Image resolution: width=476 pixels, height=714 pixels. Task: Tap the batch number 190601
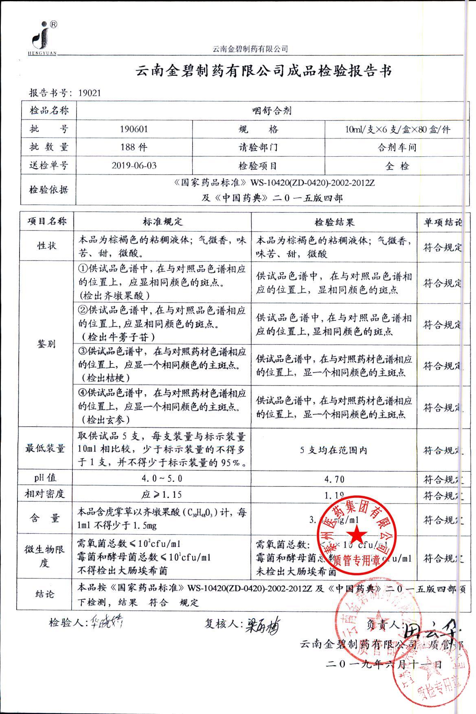tap(134, 129)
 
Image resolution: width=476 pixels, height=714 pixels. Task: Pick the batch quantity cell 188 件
tap(134, 147)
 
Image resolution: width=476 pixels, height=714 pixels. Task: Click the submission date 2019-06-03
tap(134, 166)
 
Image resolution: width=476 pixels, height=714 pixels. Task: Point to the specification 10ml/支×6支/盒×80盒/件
tap(397, 129)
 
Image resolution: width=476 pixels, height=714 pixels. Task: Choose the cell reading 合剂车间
tap(397, 147)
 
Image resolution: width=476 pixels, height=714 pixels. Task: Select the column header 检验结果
tap(334, 222)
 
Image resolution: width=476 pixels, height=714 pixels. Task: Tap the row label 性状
tap(47, 246)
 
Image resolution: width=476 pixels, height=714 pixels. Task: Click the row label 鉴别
tap(46, 344)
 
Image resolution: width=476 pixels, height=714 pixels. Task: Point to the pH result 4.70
tap(334, 479)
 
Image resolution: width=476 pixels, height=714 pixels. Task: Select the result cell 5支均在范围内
tap(334, 450)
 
